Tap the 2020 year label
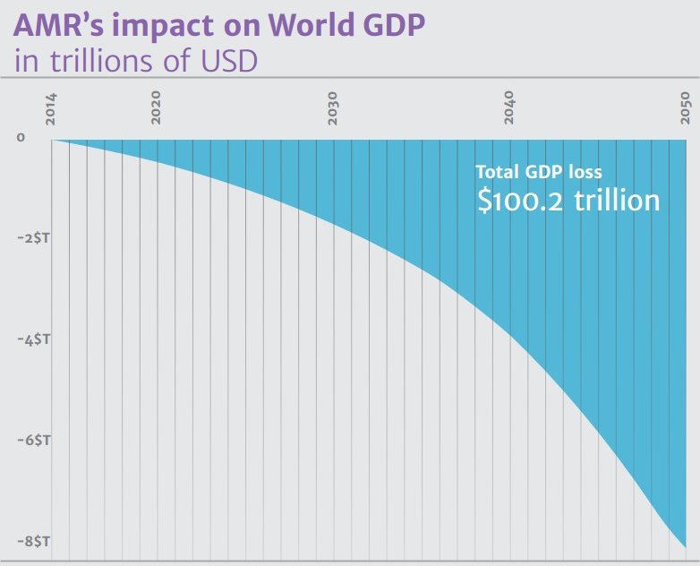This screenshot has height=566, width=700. [156, 107]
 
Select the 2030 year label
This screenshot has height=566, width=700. [332, 107]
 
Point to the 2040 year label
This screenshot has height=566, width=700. [508, 107]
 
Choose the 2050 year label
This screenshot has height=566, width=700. [685, 107]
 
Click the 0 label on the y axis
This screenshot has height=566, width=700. [21, 138]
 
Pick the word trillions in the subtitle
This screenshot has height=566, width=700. [87, 62]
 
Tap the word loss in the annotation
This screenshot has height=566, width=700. [586, 173]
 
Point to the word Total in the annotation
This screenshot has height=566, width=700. [498, 173]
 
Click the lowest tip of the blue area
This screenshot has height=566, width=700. [685, 546]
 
